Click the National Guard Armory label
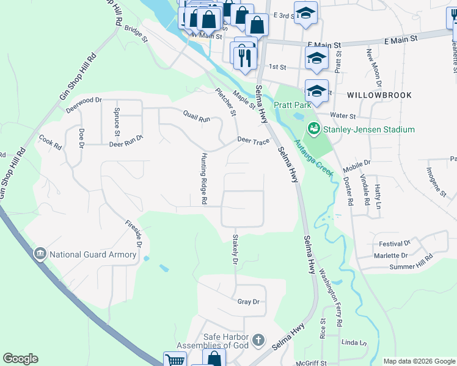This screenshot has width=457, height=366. point(93,254)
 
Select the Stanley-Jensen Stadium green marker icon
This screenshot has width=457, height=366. point(314,129)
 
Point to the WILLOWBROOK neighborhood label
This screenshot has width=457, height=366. point(379,96)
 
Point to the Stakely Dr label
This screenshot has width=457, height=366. point(235,251)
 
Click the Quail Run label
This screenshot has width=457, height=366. point(196,117)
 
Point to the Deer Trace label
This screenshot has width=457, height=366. point(253,142)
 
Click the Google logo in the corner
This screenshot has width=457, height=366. point(20,359)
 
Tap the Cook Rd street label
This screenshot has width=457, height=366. point(51,143)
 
